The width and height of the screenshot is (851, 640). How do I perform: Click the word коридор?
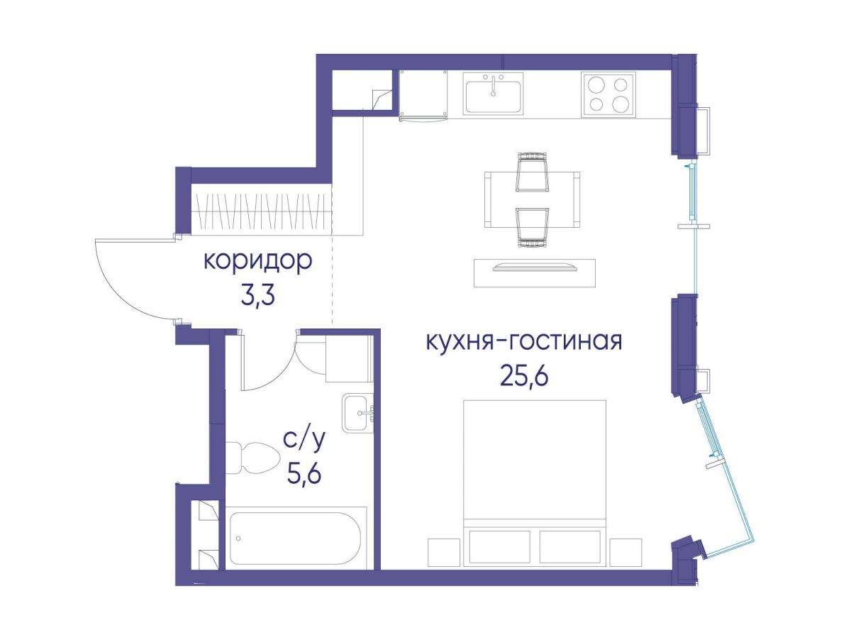point(257,262)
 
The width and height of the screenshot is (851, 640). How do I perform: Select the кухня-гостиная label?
point(523,342)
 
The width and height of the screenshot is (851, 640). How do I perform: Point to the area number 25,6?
point(524,375)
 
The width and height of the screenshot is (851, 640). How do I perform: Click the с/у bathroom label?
point(304,440)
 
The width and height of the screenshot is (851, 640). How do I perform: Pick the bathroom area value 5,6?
point(304,473)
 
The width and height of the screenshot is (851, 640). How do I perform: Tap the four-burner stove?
point(608,94)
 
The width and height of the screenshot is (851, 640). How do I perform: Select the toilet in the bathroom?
point(252,458)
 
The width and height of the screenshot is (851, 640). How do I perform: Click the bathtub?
point(296,538)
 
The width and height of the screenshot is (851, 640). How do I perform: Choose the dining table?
point(532,199)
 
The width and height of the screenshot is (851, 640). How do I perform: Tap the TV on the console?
point(534,267)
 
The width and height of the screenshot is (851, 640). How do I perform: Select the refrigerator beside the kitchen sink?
point(423,94)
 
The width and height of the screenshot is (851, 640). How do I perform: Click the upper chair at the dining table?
point(533,172)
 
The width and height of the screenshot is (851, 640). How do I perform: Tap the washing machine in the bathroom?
point(349,359)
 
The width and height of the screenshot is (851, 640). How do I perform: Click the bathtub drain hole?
point(238,539)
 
